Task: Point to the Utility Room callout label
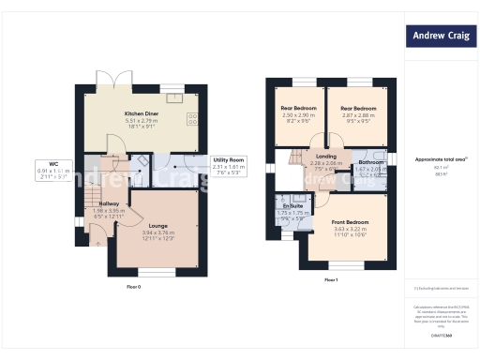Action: click(229, 160)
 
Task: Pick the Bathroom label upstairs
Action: click(370, 162)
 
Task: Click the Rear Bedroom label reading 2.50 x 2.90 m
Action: click(298, 109)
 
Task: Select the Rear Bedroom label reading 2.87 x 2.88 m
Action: click(357, 109)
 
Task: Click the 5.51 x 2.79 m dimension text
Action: click(142, 121)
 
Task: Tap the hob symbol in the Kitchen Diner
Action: click(192, 118)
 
